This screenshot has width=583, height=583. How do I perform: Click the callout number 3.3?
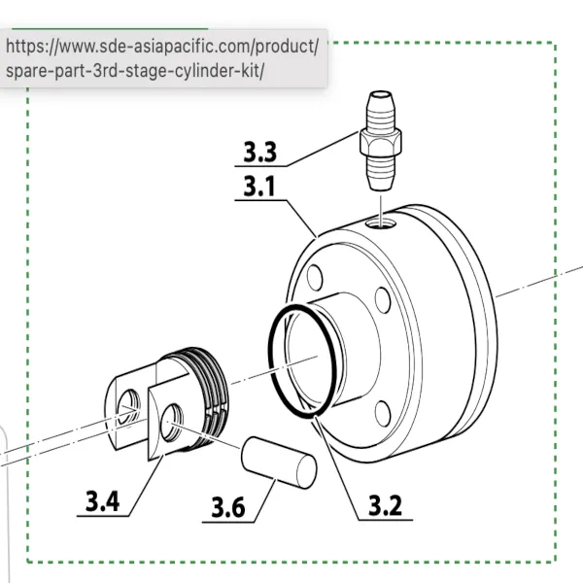259,152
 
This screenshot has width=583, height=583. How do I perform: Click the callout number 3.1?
259,186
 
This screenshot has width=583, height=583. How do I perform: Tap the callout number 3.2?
385,505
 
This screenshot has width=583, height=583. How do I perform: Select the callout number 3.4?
103,501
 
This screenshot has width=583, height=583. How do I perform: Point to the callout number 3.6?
228,507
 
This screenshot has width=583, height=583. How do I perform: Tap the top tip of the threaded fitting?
380,91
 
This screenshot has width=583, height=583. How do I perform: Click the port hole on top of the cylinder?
381,223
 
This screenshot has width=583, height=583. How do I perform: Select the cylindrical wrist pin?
279,463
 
